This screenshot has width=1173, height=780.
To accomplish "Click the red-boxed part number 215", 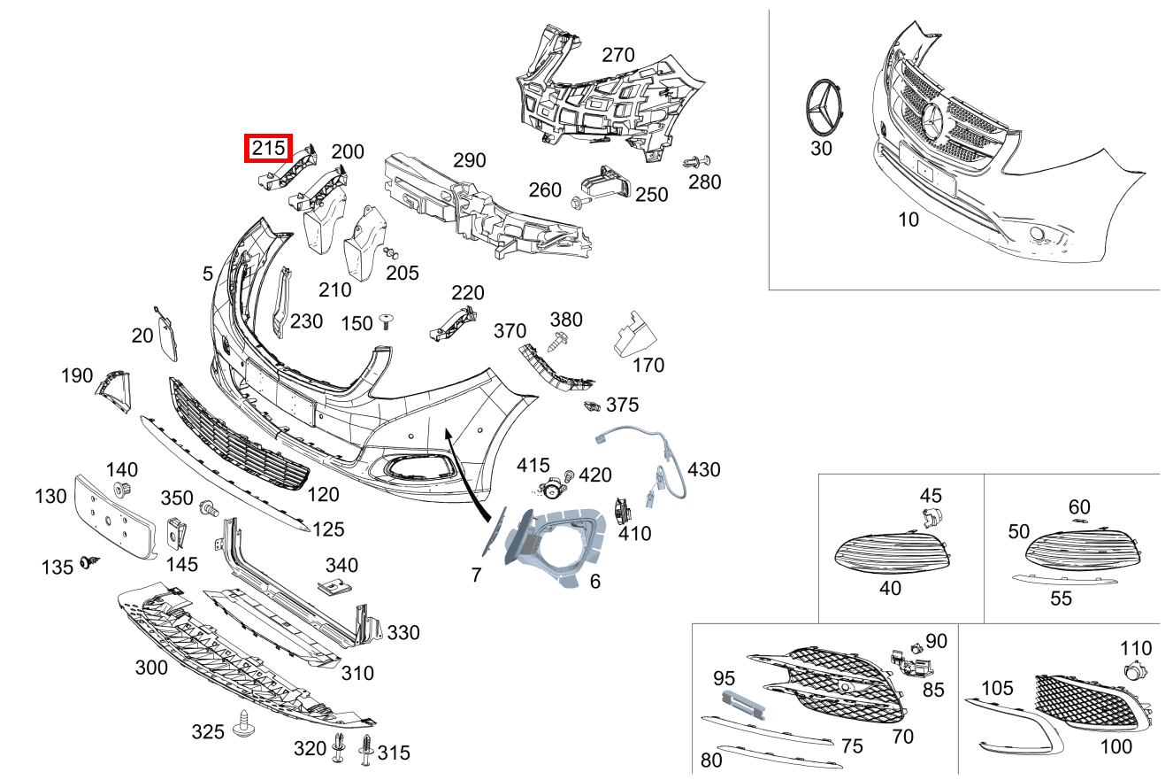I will tap(268, 149).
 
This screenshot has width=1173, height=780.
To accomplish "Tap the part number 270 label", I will tap(618, 55).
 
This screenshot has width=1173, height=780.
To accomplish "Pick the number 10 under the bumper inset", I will tap(908, 220).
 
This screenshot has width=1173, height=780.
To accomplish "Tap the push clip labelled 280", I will tap(698, 163).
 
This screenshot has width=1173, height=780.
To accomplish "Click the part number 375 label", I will tap(623, 405).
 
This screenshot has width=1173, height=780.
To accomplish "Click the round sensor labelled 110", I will tap(1131, 672).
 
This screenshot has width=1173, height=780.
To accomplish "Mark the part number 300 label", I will tap(151, 668).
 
